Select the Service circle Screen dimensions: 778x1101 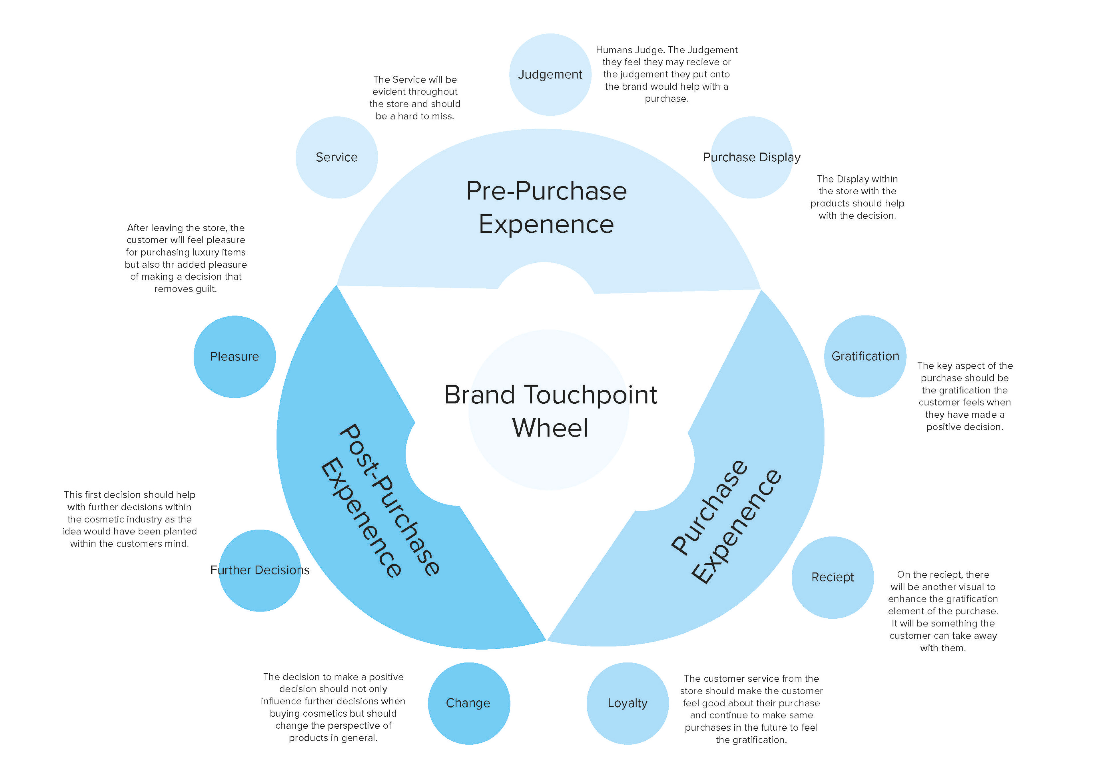click(x=337, y=157)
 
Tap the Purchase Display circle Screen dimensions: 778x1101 click(x=751, y=157)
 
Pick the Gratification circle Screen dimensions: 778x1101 click(x=865, y=356)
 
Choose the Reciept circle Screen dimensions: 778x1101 click(x=832, y=577)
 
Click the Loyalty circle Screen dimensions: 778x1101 click(x=627, y=703)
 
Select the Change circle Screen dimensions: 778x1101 click(x=468, y=703)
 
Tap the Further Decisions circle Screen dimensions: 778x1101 click(x=260, y=570)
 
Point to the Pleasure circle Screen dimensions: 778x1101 click(x=235, y=357)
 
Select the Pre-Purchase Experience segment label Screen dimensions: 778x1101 click(x=546, y=207)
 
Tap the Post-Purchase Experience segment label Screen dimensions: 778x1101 click(x=379, y=501)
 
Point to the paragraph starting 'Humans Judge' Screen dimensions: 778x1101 click(x=667, y=74)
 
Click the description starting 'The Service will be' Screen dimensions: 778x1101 click(x=415, y=98)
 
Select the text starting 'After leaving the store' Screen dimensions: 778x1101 click(x=186, y=258)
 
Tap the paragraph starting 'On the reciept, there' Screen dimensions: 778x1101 click(x=943, y=611)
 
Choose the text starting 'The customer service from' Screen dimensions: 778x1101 click(x=751, y=709)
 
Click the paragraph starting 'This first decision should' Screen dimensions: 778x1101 click(x=130, y=519)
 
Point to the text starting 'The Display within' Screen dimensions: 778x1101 click(x=857, y=197)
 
